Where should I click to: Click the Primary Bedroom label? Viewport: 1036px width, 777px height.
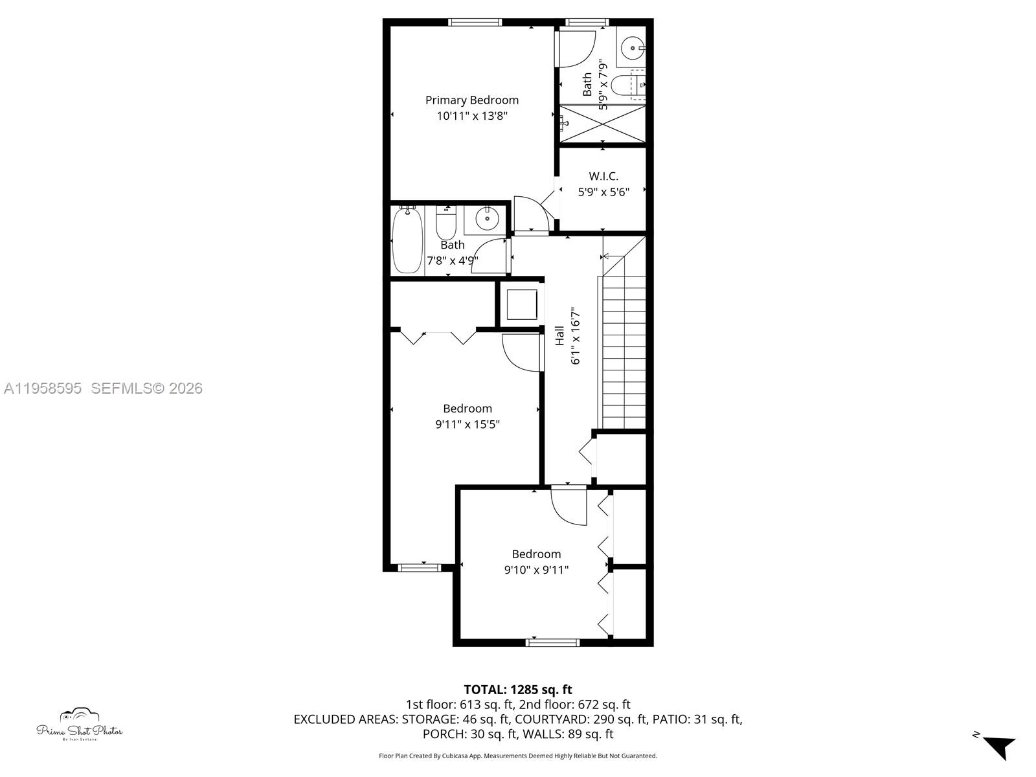(471, 100)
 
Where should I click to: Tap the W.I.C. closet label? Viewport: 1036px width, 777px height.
(603, 176)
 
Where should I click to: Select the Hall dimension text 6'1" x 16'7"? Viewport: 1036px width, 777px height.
(575, 337)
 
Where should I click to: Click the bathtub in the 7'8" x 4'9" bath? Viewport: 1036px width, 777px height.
(407, 240)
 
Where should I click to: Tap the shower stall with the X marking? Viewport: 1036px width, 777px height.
(603, 123)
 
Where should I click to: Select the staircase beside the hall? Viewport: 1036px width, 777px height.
(624, 350)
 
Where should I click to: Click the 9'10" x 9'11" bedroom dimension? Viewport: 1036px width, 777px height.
(536, 570)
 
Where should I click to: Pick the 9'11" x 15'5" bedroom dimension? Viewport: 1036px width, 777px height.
(467, 425)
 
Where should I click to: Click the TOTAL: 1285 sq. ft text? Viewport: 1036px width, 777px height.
(518, 690)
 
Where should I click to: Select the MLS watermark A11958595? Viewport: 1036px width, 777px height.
(43, 388)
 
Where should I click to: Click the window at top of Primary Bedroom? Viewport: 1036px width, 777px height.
(475, 22)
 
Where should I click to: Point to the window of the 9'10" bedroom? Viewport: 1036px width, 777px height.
(552, 642)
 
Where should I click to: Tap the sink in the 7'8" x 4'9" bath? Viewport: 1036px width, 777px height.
(487, 219)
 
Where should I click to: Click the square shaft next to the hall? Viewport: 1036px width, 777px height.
(521, 304)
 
